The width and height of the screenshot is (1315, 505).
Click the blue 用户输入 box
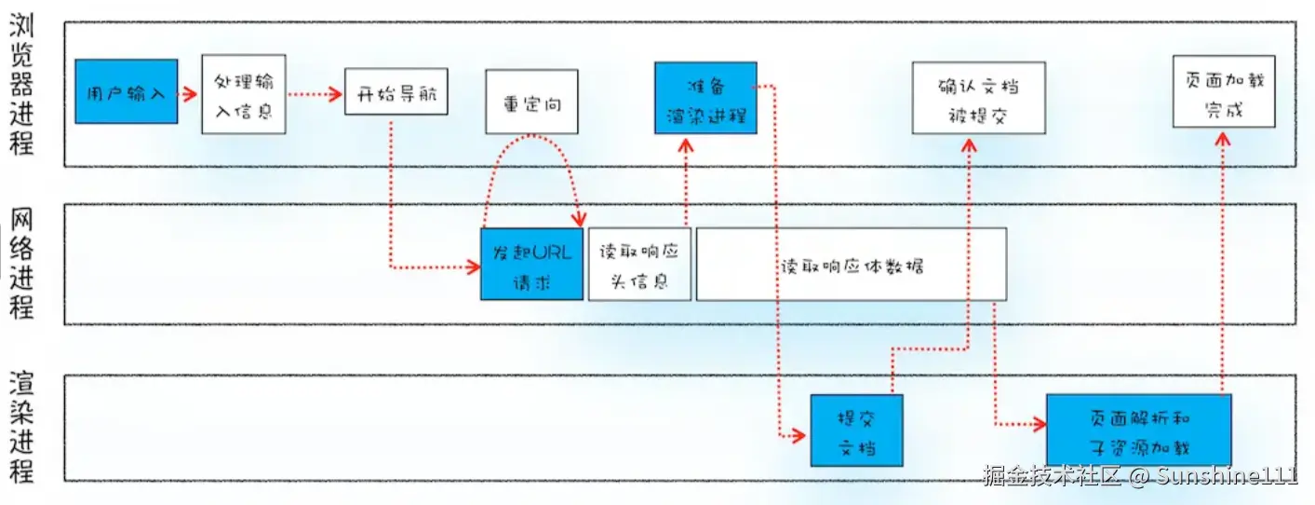click(126, 92)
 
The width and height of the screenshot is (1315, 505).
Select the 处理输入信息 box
click(243, 93)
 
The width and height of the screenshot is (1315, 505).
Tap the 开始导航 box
click(396, 92)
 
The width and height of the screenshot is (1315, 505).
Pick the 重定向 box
click(531, 102)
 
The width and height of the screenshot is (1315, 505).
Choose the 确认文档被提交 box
click(978, 99)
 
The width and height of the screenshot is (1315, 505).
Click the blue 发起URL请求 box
click(531, 264)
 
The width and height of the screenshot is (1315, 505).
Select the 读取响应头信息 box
click(639, 266)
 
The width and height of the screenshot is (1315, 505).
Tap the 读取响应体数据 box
click(851, 265)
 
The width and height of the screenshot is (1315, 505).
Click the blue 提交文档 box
click(857, 430)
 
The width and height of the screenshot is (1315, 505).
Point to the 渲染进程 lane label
click(22, 427)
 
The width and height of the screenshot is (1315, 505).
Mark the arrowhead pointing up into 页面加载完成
click(1223, 137)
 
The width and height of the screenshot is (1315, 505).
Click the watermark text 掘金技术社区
click(1053, 476)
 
